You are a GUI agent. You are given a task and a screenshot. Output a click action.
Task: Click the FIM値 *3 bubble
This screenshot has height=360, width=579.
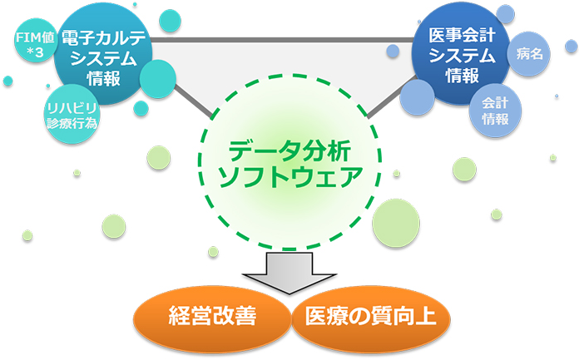35,43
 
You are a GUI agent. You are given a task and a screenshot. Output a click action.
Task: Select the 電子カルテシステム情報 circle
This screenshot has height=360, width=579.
103,56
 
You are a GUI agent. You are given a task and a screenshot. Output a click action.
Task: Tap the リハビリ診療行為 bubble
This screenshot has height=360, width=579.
72,115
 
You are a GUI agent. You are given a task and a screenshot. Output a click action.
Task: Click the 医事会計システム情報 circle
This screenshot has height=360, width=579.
461,54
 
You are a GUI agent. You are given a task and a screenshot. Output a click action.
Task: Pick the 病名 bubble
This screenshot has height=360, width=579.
529,54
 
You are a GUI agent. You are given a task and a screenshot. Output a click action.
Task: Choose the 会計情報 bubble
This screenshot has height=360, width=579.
495,111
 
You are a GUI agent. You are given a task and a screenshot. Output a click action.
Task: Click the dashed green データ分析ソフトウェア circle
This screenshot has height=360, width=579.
289,162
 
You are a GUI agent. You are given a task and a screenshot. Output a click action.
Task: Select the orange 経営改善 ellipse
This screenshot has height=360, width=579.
212,318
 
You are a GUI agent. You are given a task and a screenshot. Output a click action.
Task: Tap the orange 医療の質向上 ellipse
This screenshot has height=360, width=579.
371,318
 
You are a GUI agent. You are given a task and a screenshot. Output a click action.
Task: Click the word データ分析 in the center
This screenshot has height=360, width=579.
289,150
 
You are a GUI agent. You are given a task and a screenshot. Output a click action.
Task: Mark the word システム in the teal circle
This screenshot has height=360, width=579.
103,58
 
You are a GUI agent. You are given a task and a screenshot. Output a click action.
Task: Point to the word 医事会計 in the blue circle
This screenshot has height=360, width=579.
462,36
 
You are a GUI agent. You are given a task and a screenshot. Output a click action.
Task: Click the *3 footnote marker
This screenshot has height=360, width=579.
35,53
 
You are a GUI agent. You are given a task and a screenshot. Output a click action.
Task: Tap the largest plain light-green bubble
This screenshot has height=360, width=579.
396,223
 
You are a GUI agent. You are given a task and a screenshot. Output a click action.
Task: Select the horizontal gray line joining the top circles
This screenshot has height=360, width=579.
283,40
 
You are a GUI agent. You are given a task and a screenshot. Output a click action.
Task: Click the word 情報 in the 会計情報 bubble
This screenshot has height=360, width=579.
495,119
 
